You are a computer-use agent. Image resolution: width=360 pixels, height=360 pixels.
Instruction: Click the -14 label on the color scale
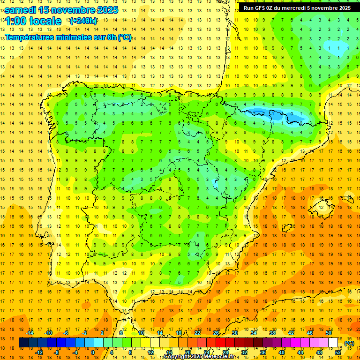(30, 333)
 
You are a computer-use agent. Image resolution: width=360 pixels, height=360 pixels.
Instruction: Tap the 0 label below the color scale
(93, 352)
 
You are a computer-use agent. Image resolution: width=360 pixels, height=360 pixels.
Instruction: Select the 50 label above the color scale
(328, 333)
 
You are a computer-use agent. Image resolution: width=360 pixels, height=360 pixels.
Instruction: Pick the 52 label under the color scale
(337, 352)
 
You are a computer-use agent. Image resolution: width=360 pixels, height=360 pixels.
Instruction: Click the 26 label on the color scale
(216, 333)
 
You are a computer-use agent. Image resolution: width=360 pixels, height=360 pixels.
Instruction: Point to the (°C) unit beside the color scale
(349, 343)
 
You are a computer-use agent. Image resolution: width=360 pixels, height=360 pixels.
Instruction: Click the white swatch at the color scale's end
(333, 343)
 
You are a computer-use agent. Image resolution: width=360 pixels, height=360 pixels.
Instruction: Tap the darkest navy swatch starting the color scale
(23, 343)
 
